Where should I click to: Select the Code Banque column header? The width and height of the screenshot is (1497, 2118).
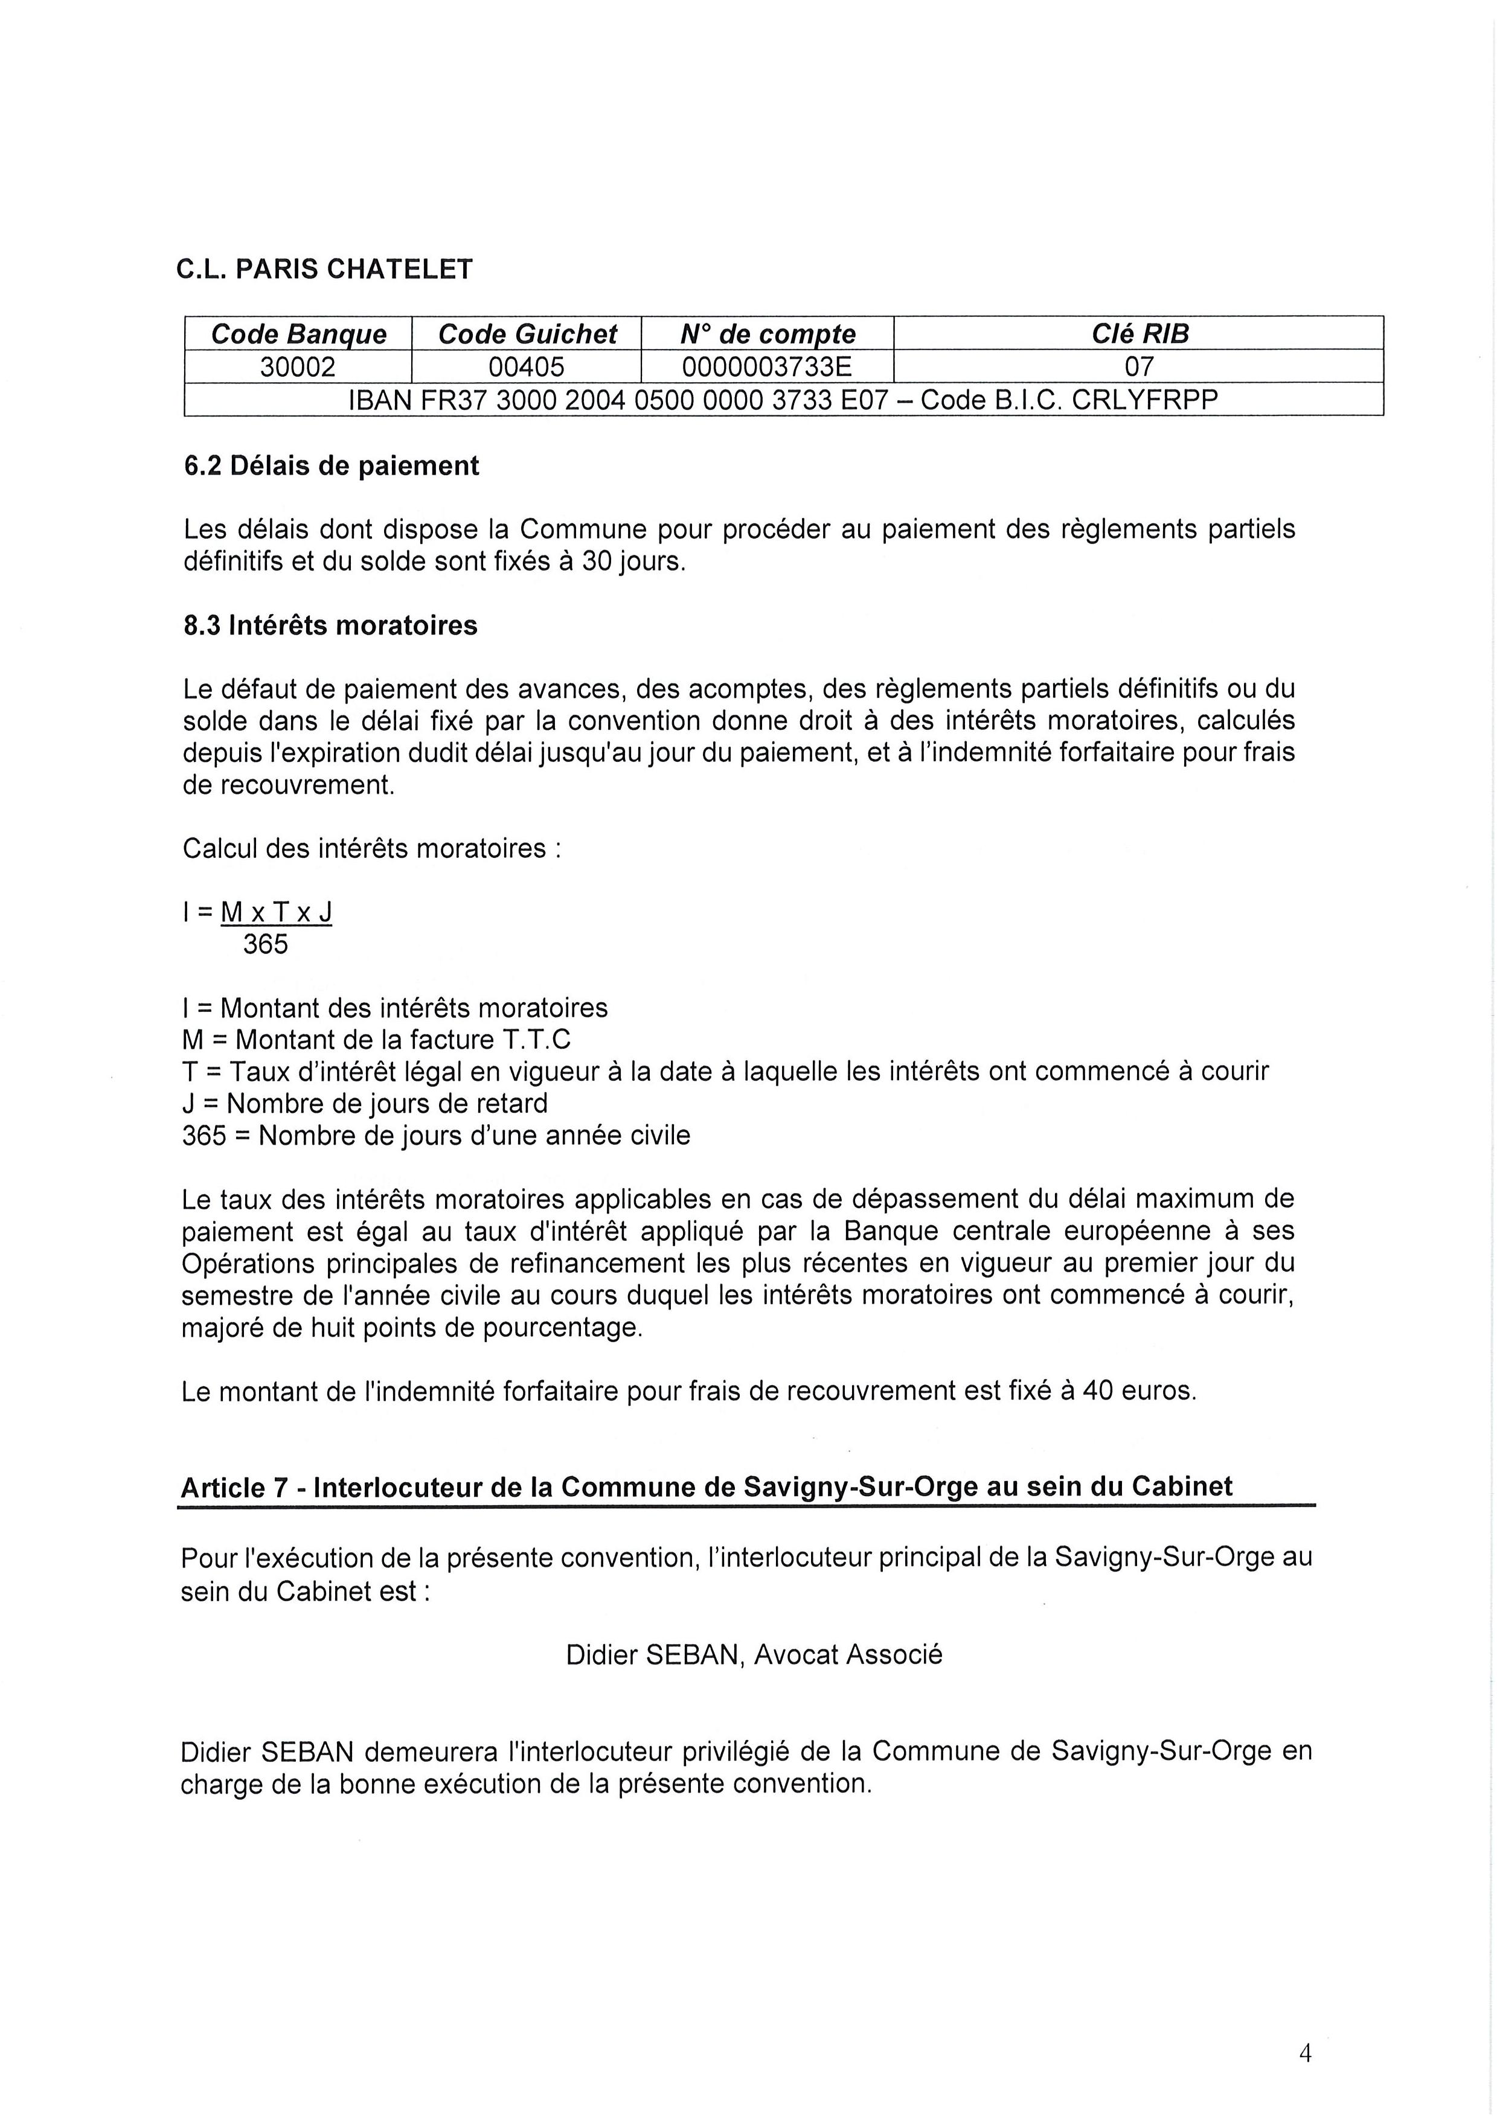(x=298, y=334)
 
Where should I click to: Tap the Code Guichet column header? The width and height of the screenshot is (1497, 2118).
(x=527, y=334)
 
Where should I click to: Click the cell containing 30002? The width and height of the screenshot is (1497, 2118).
(x=298, y=367)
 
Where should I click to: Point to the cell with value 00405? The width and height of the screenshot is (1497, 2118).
(x=527, y=367)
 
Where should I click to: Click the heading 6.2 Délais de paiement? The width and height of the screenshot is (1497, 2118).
(x=331, y=466)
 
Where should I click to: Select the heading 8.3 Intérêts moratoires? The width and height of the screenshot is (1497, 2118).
(x=330, y=625)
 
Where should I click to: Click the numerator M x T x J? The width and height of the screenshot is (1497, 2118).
(x=276, y=912)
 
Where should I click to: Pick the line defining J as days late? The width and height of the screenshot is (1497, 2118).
(x=364, y=1103)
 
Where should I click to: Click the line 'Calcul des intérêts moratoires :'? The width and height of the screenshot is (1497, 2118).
(x=371, y=848)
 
